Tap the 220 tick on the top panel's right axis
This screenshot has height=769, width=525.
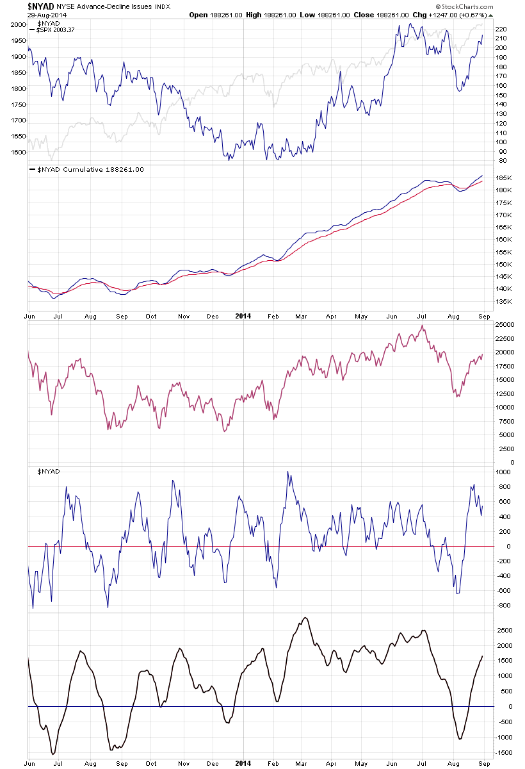502,29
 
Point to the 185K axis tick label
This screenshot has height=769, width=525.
503,177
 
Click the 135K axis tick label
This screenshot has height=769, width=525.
503,301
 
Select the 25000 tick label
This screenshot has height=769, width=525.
505,324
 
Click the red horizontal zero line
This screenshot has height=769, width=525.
256,546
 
